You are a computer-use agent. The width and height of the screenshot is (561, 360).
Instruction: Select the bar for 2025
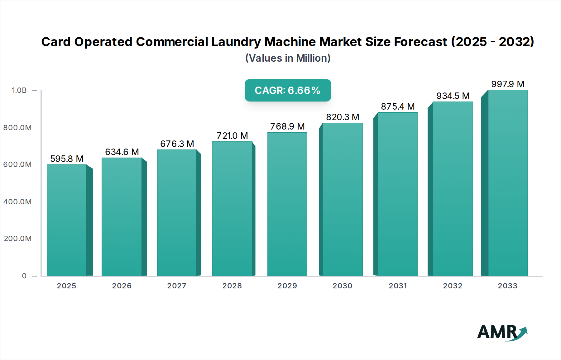click(x=67, y=220)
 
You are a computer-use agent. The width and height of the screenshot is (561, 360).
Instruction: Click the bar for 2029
click(x=287, y=204)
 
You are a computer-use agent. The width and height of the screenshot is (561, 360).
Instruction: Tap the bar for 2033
click(x=508, y=183)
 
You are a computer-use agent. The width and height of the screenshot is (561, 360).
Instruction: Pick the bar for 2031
click(x=397, y=194)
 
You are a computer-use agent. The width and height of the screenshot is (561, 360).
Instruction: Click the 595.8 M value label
click(x=67, y=159)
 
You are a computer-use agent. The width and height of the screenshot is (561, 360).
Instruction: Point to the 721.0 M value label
click(x=232, y=136)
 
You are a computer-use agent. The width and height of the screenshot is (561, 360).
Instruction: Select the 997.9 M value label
click(x=508, y=84)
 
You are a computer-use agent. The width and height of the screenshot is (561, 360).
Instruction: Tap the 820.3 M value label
click(x=343, y=117)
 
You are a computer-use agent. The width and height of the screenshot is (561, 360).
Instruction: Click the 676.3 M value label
click(x=177, y=144)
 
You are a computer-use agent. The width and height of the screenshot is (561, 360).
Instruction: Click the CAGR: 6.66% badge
click(x=288, y=90)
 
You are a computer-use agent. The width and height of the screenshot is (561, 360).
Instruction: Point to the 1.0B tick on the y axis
click(x=19, y=90)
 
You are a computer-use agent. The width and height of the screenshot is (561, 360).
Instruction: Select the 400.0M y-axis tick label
click(x=17, y=202)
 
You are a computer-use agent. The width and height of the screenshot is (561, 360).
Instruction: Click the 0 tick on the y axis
click(x=24, y=276)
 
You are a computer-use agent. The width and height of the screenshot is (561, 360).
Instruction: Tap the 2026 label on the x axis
click(x=122, y=286)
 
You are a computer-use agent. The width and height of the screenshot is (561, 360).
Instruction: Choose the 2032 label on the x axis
click(x=453, y=286)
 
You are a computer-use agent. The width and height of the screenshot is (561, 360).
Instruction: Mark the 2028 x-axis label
click(x=232, y=286)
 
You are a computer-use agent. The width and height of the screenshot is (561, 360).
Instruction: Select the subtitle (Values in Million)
click(x=288, y=58)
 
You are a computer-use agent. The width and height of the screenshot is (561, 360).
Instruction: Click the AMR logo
click(x=502, y=332)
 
